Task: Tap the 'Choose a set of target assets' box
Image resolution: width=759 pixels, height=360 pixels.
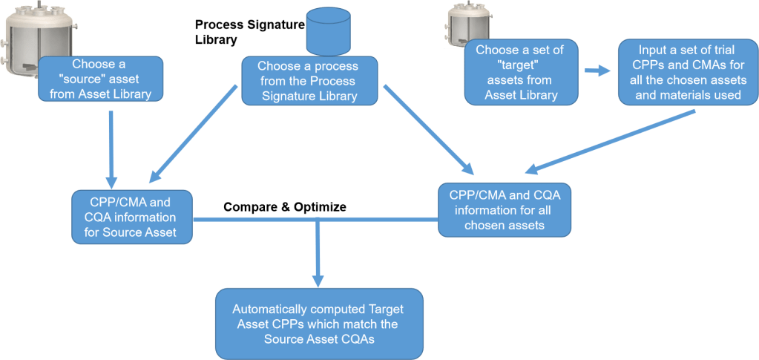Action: pos(520,73)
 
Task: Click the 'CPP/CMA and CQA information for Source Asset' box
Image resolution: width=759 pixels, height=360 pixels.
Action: pos(131,217)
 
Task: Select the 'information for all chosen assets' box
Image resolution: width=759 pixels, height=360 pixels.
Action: pos(505,209)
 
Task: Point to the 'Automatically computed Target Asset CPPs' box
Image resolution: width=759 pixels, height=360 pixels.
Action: pos(320,324)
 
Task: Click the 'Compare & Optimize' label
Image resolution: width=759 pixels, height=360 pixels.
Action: pos(285,206)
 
